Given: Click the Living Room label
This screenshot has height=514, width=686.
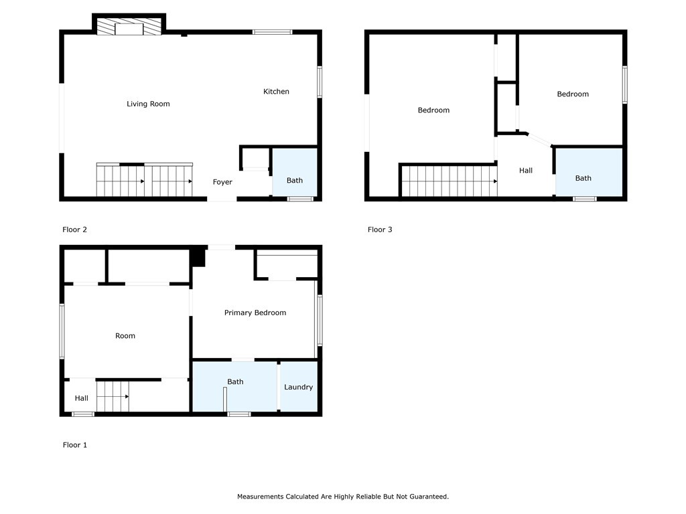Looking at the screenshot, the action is (148, 104).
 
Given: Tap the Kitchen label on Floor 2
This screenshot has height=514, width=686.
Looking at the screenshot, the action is (276, 91).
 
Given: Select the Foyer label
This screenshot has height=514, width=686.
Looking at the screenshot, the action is (222, 182).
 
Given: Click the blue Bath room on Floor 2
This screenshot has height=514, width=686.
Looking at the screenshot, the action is (295, 172).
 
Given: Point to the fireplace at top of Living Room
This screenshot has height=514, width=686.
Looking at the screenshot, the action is (129, 26).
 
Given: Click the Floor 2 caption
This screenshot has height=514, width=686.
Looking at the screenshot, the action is (75, 230).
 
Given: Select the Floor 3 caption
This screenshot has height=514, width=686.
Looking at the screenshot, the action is (380, 230).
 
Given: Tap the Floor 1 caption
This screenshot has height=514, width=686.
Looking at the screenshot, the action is (75, 445).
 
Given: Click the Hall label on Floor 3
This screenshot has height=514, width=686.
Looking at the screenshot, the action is (526, 171).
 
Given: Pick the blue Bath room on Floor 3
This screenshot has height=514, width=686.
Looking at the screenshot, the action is (589, 172).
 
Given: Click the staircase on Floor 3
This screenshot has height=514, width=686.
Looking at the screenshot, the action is (450, 181).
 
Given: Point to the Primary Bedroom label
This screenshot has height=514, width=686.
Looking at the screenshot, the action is (255, 313).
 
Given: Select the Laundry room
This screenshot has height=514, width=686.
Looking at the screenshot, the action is (298, 386).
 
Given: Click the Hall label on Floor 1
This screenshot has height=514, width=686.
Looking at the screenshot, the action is (81, 398).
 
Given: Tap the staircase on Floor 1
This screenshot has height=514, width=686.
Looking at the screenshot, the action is (113, 396).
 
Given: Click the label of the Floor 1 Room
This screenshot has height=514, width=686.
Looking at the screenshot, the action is (125, 336).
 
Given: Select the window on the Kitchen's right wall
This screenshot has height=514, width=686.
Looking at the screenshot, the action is (320, 82).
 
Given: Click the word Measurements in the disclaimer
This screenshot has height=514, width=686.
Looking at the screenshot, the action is (260, 497).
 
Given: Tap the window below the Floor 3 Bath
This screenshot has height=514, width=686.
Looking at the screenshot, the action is (584, 199).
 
